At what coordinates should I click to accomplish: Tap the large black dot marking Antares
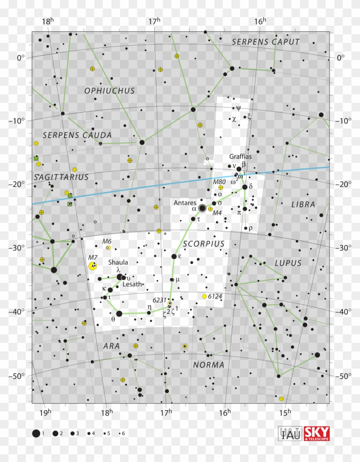[x=202, y=208]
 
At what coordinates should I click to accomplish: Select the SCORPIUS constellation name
[x=204, y=244]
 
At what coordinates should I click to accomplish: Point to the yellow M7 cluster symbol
[x=93, y=266]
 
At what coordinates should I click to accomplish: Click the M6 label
[x=106, y=241]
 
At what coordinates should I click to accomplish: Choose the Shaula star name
[x=118, y=262]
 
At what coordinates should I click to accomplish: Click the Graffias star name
[x=240, y=156]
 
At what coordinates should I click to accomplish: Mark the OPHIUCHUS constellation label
[x=110, y=91]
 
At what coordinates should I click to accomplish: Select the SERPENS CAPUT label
[x=266, y=42]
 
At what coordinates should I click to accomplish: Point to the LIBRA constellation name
[x=303, y=204]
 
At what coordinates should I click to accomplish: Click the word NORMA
[x=209, y=365]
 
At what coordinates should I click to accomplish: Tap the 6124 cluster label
[x=216, y=297]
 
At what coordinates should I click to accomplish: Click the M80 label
[x=219, y=182]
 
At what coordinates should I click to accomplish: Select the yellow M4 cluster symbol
[x=210, y=209]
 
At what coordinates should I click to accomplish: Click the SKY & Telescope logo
[x=317, y=433]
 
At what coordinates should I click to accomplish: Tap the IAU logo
[x=290, y=433]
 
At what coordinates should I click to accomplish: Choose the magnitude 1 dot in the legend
[x=36, y=433]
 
